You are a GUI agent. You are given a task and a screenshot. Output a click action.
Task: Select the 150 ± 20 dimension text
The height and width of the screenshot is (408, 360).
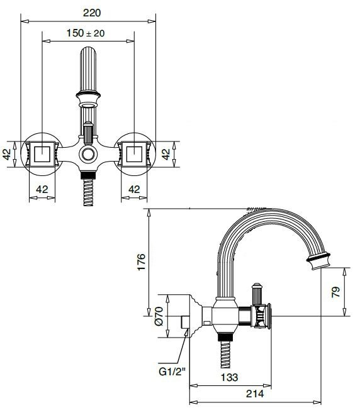(x=89, y=33)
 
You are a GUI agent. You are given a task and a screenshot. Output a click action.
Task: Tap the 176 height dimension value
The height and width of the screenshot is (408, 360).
(x=141, y=262)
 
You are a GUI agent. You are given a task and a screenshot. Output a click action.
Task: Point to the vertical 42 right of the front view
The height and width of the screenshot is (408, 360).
(x=167, y=155)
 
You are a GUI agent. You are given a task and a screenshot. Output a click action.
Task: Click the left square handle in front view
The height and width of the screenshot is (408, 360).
(x=42, y=153)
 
